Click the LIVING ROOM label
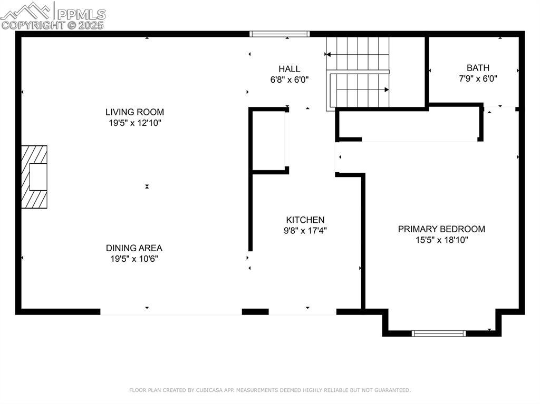pos(134,112)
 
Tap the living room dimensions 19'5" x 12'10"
pos(135,123)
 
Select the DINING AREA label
pos(134,248)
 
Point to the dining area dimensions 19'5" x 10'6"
pos(134,259)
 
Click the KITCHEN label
pos(305,220)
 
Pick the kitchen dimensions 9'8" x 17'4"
pos(305,231)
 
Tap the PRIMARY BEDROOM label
pos(441,229)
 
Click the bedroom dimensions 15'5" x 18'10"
pos(442,240)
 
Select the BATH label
pos(478,67)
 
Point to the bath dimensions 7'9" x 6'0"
pos(478,78)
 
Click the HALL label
pos(290,68)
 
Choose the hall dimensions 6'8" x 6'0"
pos(290,80)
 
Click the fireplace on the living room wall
pos(34,177)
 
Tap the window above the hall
pos(279,34)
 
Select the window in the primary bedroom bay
pos(439,333)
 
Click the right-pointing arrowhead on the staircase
pos(387,90)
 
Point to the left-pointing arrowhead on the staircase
pos(328,54)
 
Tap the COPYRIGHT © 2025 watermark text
pos(52,25)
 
